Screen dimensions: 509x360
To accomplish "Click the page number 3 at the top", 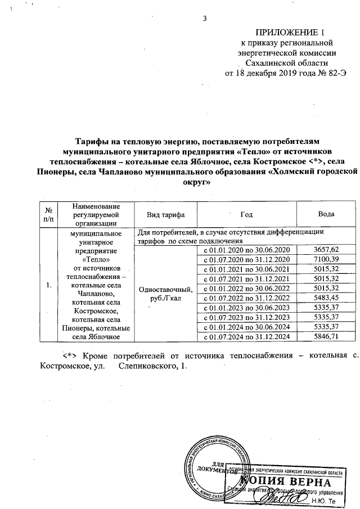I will click(x=205, y=18).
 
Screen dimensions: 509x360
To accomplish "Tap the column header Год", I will click(x=246, y=215).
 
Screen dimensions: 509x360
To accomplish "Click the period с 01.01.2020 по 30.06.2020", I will click(x=246, y=250).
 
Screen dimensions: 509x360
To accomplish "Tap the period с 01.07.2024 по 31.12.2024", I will click(x=246, y=336).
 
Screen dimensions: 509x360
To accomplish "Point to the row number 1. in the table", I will click(x=49, y=285).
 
